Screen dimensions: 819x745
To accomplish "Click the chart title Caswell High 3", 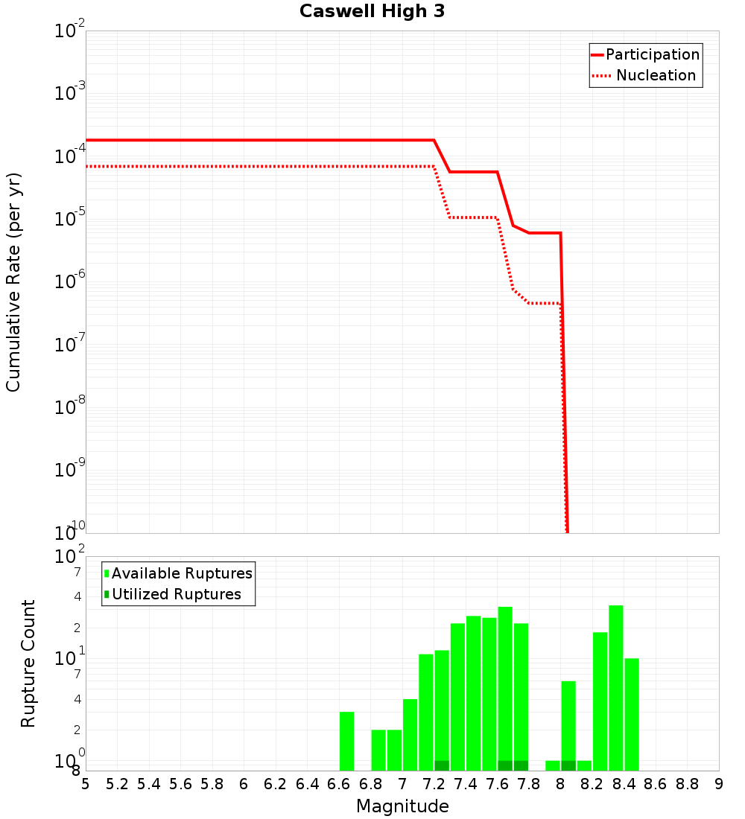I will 372,12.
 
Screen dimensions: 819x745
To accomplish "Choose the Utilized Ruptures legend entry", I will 176,594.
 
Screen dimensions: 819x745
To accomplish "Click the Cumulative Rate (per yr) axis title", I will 13,281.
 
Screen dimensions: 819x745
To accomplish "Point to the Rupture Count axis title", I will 28,663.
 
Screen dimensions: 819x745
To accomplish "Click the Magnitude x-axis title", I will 402,806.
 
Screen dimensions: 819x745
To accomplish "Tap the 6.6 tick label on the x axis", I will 339,784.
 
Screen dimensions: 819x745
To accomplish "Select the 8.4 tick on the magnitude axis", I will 624,784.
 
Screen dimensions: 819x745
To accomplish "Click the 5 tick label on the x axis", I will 86,784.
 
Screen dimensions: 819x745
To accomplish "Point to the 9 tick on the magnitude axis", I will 719,784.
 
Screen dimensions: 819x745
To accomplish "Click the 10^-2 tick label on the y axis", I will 70,32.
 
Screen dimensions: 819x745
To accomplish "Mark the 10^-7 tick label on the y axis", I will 70,345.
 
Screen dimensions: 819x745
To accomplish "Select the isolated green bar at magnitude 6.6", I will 346,742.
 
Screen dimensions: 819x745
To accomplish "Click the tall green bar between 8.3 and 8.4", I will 615,688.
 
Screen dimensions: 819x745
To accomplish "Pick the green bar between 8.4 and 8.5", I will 632,715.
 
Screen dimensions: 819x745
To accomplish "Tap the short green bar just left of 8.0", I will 552,765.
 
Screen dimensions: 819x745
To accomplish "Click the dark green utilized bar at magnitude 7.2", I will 441,765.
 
